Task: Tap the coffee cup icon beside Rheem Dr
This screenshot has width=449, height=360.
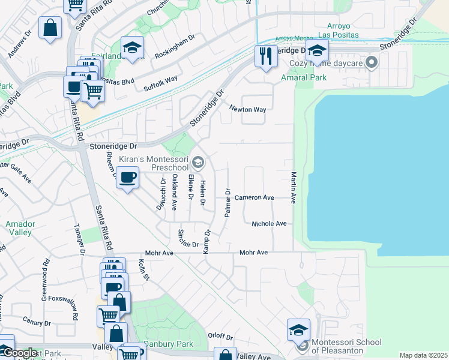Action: (127, 178)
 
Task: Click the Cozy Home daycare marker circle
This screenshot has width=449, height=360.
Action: (372, 62)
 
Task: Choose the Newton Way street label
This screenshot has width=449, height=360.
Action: (247, 109)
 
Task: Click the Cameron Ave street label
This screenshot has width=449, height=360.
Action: (254, 197)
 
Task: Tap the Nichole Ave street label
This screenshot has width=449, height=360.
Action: (269, 223)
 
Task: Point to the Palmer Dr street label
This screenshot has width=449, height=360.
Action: (228, 204)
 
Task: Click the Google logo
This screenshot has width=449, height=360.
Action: (19, 353)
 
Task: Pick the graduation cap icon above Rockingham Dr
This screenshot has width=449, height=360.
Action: (132, 47)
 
